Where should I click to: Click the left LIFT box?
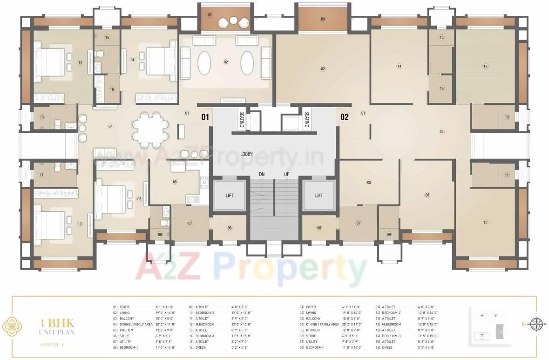point(229,195)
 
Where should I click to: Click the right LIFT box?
point(319,195)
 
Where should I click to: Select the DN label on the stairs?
point(262,175)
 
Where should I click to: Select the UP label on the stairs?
point(287,175)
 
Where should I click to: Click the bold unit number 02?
point(345,117)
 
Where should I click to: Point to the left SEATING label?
point(242,119)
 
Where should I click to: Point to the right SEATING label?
point(307,119)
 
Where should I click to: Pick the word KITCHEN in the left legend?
point(126,330)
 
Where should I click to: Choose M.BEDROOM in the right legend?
point(391,324)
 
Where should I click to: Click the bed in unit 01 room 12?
point(50,61)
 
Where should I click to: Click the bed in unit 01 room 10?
point(49,224)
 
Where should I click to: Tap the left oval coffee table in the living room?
point(204,62)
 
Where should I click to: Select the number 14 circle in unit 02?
point(399,66)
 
